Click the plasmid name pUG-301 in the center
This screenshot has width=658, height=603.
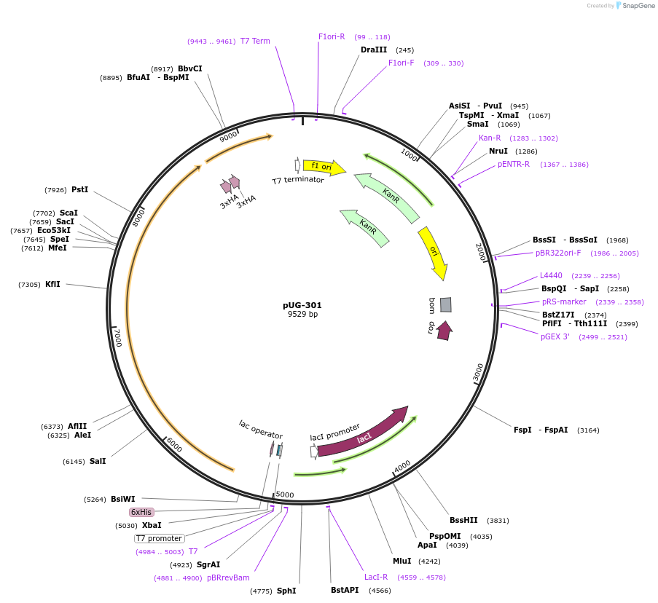pyautogui.click(x=302, y=305)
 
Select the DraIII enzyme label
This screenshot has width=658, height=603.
pyautogui.click(x=374, y=50)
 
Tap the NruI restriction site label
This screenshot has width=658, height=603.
pyautogui.click(x=498, y=151)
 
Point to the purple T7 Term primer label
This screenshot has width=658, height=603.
pyautogui.click(x=255, y=42)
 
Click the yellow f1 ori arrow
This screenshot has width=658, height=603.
pyautogui.click(x=323, y=167)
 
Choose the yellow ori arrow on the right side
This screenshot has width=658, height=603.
pyautogui.click(x=434, y=252)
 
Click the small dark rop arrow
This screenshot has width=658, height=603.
pyautogui.click(x=444, y=331)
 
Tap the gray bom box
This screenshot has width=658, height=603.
pyautogui.click(x=445, y=304)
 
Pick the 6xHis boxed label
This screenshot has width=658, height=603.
pyautogui.click(x=141, y=513)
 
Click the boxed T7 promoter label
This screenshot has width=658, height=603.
pyautogui.click(x=159, y=539)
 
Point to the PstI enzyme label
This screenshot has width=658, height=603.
pyautogui.click(x=79, y=190)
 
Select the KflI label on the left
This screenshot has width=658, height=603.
pyautogui.click(x=52, y=285)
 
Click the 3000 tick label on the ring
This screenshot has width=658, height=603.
pyautogui.click(x=478, y=371)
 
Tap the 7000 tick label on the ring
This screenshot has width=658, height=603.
pyautogui.click(x=117, y=337)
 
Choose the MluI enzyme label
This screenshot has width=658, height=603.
pyautogui.click(x=402, y=561)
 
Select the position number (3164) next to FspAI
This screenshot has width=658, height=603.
pyautogui.click(x=587, y=430)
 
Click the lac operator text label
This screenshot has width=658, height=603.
pyautogui.click(x=260, y=430)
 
